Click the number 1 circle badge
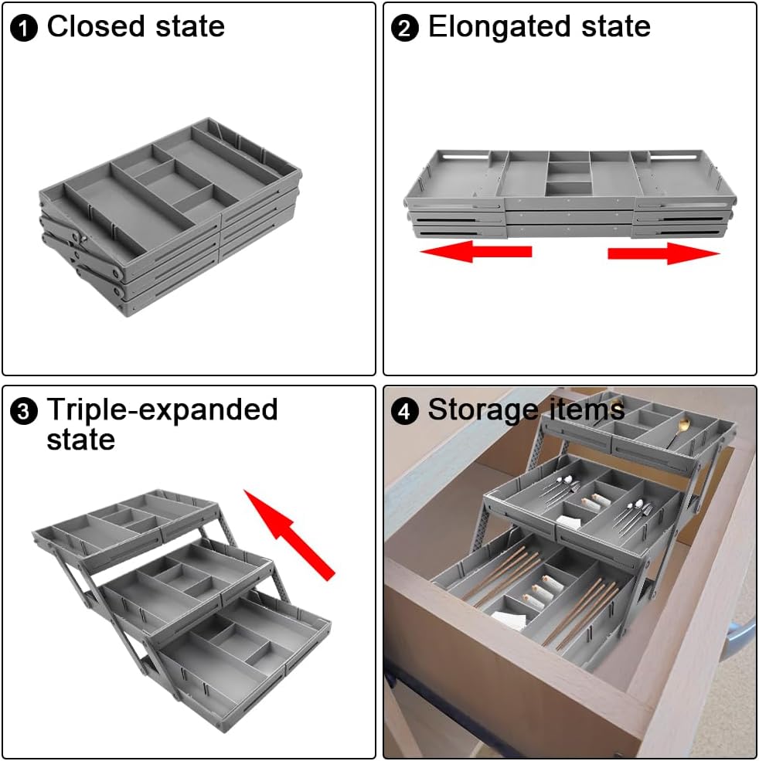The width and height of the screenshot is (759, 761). coord(24,28)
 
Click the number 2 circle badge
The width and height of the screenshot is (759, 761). coord(404,28)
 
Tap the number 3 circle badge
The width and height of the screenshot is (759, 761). coord(24,412)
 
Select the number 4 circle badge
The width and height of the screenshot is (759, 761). coord(404,412)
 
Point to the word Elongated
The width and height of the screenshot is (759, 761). coord(499,28)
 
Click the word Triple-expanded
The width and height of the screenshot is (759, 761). coord(162,410)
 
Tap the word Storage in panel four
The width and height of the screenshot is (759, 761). coord(482,410)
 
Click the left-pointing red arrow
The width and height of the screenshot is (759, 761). coord(476,251)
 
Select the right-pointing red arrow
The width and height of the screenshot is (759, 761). coord(663,253)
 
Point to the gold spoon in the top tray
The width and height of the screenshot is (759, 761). coord(678,431)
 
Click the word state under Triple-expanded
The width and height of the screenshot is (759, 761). coord(81,440)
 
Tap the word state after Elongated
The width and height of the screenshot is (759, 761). coord(616,26)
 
